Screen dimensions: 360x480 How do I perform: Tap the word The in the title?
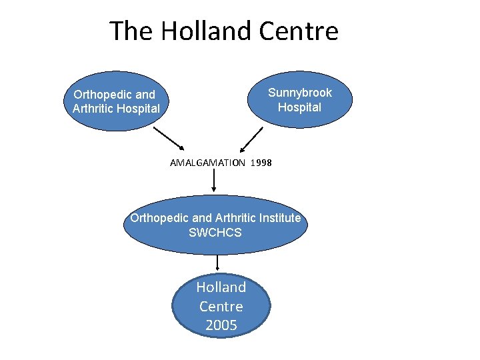pyautogui.click(x=131, y=31)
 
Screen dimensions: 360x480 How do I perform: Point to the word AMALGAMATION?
pyautogui.click(x=207, y=163)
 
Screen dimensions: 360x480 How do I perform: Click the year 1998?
pyautogui.click(x=262, y=163)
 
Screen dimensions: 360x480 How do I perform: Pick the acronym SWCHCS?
pyautogui.click(x=215, y=233)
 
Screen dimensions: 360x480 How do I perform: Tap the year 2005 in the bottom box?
pyautogui.click(x=221, y=325)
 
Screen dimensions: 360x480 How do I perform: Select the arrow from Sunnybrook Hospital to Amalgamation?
pyautogui.click(x=251, y=139)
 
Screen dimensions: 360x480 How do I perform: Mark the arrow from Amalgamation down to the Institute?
pyautogui.click(x=214, y=181)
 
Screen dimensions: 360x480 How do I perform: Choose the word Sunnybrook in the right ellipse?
pyautogui.click(x=299, y=93)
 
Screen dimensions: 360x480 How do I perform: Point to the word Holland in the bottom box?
pyautogui.click(x=221, y=287)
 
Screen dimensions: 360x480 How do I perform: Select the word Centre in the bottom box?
pyautogui.click(x=221, y=307)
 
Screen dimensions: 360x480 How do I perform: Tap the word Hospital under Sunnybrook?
pyautogui.click(x=299, y=107)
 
